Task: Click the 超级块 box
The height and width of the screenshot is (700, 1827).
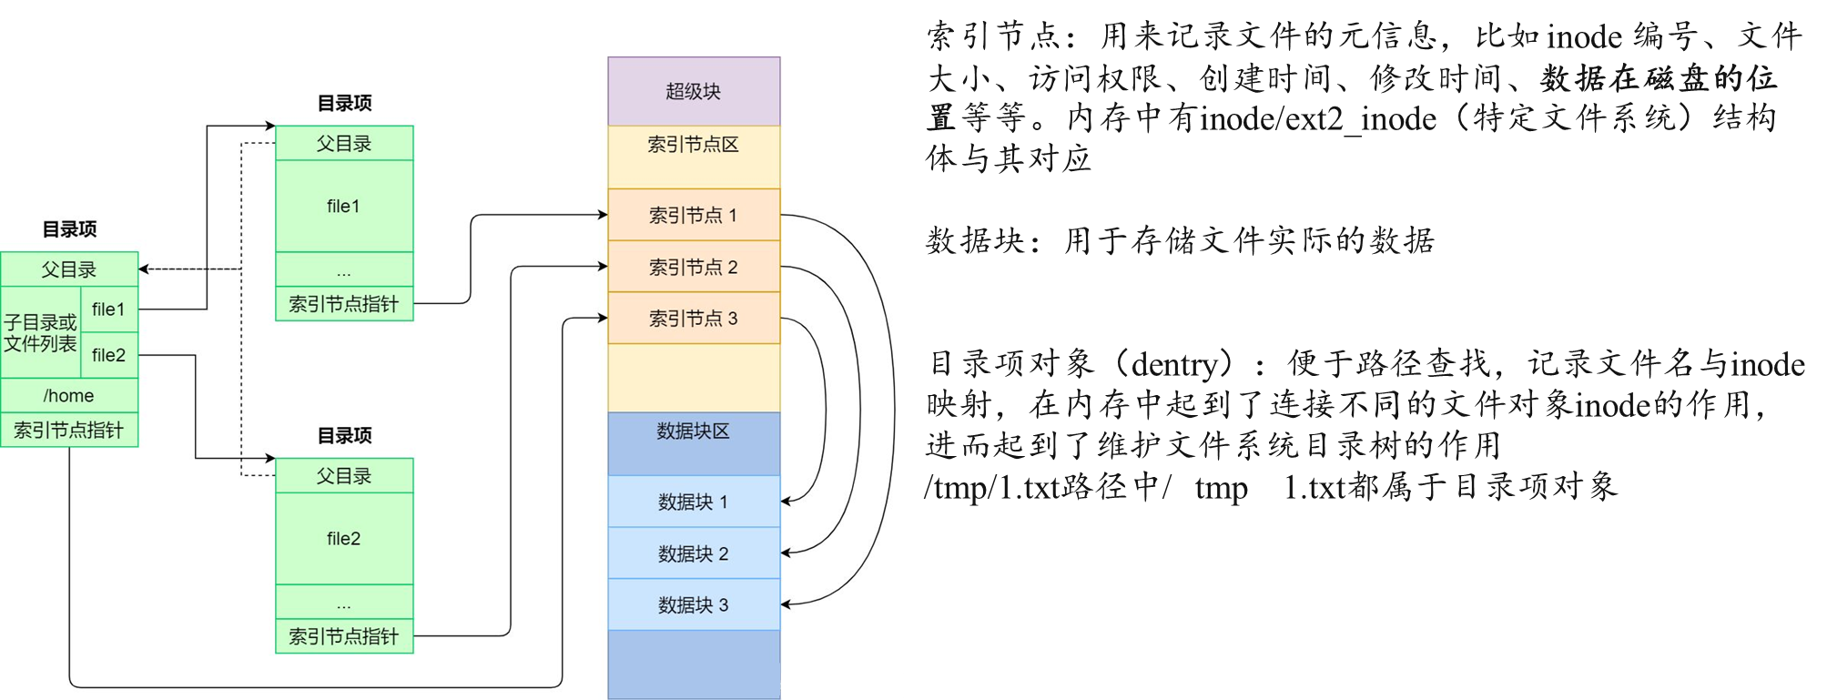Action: tap(694, 91)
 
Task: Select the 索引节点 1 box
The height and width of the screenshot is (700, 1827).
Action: tap(694, 215)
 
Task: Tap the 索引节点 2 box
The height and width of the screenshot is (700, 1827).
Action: tap(694, 267)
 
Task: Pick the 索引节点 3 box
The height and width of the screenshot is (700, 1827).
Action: tap(694, 319)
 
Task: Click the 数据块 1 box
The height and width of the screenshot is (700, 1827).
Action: tap(694, 502)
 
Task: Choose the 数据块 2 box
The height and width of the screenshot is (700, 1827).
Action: tap(694, 553)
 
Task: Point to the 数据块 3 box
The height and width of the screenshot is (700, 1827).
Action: tap(694, 604)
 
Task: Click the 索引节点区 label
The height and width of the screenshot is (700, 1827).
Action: tap(694, 145)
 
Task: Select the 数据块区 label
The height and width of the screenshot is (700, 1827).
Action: tap(694, 431)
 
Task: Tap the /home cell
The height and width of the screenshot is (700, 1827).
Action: tap(69, 395)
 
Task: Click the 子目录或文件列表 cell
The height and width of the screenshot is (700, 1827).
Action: tap(41, 333)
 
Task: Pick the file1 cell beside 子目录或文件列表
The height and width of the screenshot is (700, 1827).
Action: tap(108, 309)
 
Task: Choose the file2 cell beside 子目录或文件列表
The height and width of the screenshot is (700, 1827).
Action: tap(108, 355)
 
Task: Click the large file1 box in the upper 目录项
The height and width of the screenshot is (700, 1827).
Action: tap(344, 207)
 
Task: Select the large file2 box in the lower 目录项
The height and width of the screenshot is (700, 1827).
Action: tap(344, 539)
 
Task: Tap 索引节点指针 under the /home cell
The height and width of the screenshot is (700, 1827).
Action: tap(69, 431)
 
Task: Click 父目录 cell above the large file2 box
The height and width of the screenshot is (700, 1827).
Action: tap(344, 476)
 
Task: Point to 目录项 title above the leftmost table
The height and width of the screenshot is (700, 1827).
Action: tap(69, 229)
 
